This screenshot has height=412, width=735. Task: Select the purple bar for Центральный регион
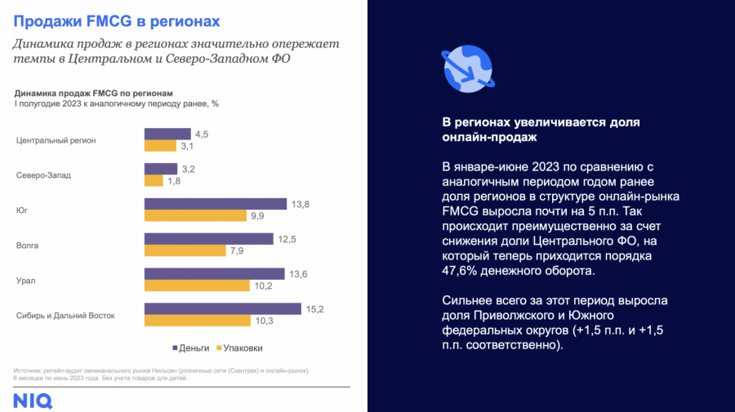click(x=167, y=134)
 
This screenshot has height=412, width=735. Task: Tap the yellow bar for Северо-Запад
click(x=156, y=181)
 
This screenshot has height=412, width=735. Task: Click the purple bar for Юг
click(x=216, y=204)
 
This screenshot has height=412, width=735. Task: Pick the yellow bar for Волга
click(x=185, y=250)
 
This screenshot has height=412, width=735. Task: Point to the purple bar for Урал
click(x=215, y=274)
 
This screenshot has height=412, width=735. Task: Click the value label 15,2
click(x=315, y=309)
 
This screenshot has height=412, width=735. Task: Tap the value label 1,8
click(x=174, y=181)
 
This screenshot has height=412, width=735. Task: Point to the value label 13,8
click(x=301, y=204)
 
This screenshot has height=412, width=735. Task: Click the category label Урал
click(x=26, y=281)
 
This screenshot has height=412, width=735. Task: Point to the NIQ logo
click(x=33, y=401)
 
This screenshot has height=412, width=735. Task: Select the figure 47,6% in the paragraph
click(x=461, y=271)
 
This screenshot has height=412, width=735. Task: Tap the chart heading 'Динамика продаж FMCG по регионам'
click(x=94, y=93)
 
